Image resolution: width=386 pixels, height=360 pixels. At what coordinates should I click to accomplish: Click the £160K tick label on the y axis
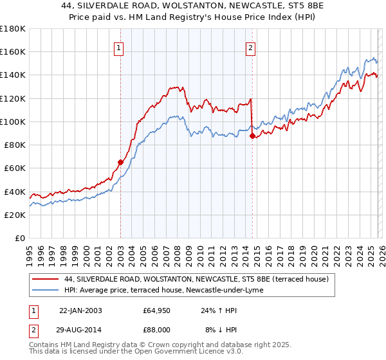pyautogui.click(x=13, y=51)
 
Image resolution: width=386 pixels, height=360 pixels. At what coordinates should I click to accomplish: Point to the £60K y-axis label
pyautogui.click(x=15, y=168)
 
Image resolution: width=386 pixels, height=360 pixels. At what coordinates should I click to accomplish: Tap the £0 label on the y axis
pyautogui.click(x=21, y=238)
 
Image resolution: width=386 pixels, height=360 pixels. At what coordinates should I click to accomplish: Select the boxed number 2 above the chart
pyautogui.click(x=250, y=47)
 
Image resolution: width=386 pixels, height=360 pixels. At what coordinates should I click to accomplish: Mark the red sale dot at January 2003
pyautogui.click(x=120, y=162)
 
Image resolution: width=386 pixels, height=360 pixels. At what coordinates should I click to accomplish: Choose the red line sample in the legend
pyautogui.click(x=45, y=279)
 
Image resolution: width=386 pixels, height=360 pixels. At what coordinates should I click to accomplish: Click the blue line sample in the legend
pyautogui.click(x=45, y=290)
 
